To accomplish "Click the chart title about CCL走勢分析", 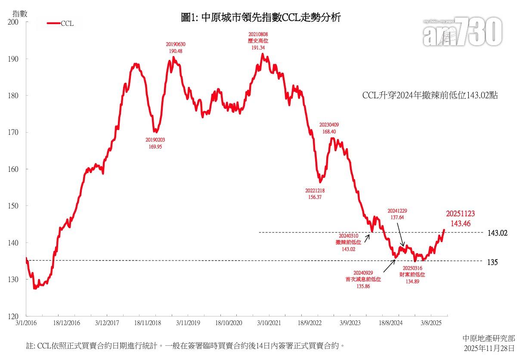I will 261,18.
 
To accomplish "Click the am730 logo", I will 463,33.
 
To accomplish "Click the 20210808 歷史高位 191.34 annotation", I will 259,40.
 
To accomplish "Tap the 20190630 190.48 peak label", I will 176,47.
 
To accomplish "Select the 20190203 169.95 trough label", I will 155,143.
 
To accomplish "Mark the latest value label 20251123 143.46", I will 460,218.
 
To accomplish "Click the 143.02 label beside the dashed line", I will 498,233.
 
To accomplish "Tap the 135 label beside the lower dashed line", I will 492,261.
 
